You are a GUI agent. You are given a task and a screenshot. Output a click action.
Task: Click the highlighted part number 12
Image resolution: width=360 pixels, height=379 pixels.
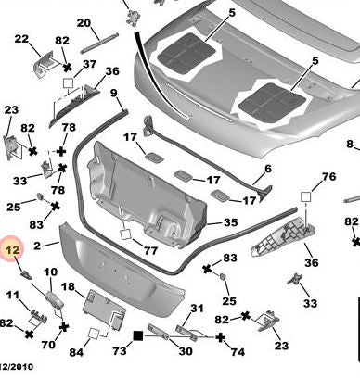[13, 249]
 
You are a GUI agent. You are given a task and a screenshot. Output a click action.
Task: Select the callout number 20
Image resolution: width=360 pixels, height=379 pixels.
[84, 23]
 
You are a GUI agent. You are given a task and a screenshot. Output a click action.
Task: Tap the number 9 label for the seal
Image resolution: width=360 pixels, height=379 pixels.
[114, 93]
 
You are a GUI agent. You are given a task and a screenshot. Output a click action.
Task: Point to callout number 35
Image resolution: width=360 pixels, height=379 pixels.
[230, 222]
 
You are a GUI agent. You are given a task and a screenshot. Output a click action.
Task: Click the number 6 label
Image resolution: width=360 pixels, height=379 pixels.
[268, 169]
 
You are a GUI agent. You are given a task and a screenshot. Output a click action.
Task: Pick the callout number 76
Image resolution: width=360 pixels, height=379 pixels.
[328, 176]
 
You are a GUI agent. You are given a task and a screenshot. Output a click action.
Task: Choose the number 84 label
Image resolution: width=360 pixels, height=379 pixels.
[76, 352]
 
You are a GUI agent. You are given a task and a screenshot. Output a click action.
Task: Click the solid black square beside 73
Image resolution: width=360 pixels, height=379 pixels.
[138, 335]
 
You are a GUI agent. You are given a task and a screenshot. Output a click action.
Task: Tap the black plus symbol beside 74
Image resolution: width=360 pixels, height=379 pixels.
[220, 337]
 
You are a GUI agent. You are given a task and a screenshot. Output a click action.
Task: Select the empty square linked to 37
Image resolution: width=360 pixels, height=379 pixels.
[68, 83]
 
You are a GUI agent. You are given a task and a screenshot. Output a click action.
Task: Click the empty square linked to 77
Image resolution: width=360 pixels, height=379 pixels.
[125, 234]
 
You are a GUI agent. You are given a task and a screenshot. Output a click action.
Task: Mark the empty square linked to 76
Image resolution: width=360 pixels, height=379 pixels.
[305, 196]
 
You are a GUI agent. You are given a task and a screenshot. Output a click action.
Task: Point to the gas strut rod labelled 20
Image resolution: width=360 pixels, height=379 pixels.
[99, 44]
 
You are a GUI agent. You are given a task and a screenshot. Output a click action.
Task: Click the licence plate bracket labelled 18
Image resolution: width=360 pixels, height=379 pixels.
[104, 310]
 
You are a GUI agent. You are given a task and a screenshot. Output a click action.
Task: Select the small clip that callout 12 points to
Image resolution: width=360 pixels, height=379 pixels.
[26, 274]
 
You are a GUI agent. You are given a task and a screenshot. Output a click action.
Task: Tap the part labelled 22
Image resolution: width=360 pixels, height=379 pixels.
[45, 65]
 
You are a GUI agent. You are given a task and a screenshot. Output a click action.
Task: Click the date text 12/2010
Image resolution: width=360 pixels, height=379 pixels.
[16, 367]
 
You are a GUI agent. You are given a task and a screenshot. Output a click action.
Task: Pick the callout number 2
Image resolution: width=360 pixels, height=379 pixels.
[37, 246]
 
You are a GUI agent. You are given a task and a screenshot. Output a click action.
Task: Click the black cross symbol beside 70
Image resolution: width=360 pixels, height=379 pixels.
[64, 327]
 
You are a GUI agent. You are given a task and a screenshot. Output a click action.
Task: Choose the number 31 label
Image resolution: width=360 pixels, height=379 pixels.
[197, 309]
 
